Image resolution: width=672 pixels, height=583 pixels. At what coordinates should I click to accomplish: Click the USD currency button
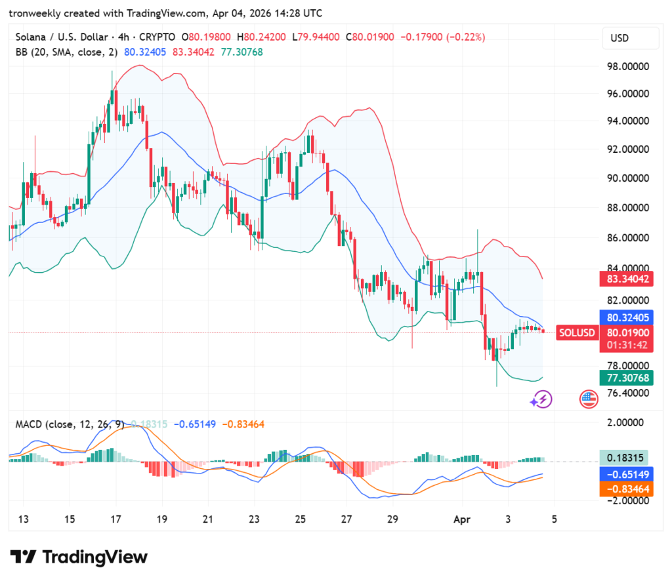click(619, 38)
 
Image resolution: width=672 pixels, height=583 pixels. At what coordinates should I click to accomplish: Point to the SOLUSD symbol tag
click(577, 332)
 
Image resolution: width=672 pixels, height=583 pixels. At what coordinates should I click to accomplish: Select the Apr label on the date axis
click(463, 519)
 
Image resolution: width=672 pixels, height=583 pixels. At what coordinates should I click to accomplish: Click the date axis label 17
click(115, 519)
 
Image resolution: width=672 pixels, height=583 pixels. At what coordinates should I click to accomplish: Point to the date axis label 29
click(392, 519)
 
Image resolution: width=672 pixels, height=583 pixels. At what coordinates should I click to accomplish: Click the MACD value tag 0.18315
click(624, 458)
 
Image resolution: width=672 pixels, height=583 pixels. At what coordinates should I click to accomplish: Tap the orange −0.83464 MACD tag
click(624, 489)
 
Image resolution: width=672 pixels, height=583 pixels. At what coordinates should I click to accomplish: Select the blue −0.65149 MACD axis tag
click(624, 474)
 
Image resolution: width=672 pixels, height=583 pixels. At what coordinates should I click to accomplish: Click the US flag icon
click(589, 399)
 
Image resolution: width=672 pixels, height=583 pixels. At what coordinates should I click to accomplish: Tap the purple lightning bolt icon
click(541, 399)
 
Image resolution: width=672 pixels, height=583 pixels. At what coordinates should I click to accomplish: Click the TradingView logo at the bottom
click(79, 557)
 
